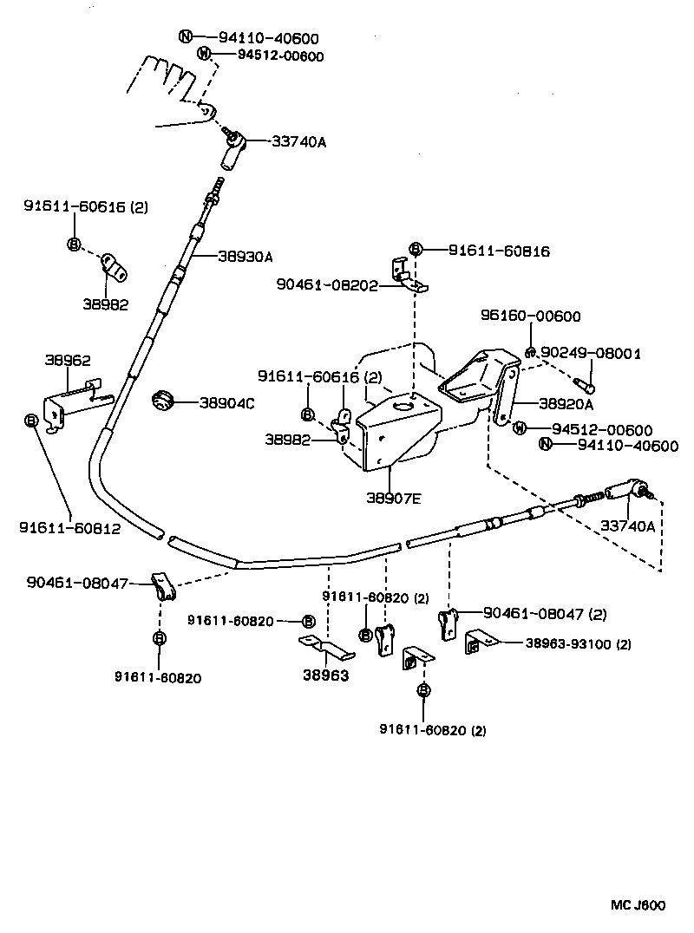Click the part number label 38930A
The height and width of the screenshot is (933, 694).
(x=246, y=257)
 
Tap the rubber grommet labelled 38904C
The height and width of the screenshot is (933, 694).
(x=162, y=401)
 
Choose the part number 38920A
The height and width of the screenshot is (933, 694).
(x=566, y=404)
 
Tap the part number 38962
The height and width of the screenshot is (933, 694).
(x=69, y=359)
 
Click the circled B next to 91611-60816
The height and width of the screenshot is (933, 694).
(x=416, y=250)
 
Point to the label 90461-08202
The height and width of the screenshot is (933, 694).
(x=327, y=284)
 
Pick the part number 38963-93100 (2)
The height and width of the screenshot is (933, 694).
(x=578, y=643)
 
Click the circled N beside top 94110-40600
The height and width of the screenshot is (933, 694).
(x=185, y=36)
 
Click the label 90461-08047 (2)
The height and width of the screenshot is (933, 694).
(x=545, y=614)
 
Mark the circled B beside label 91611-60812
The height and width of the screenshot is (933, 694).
(x=31, y=421)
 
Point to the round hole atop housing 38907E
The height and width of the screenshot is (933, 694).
(x=402, y=404)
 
